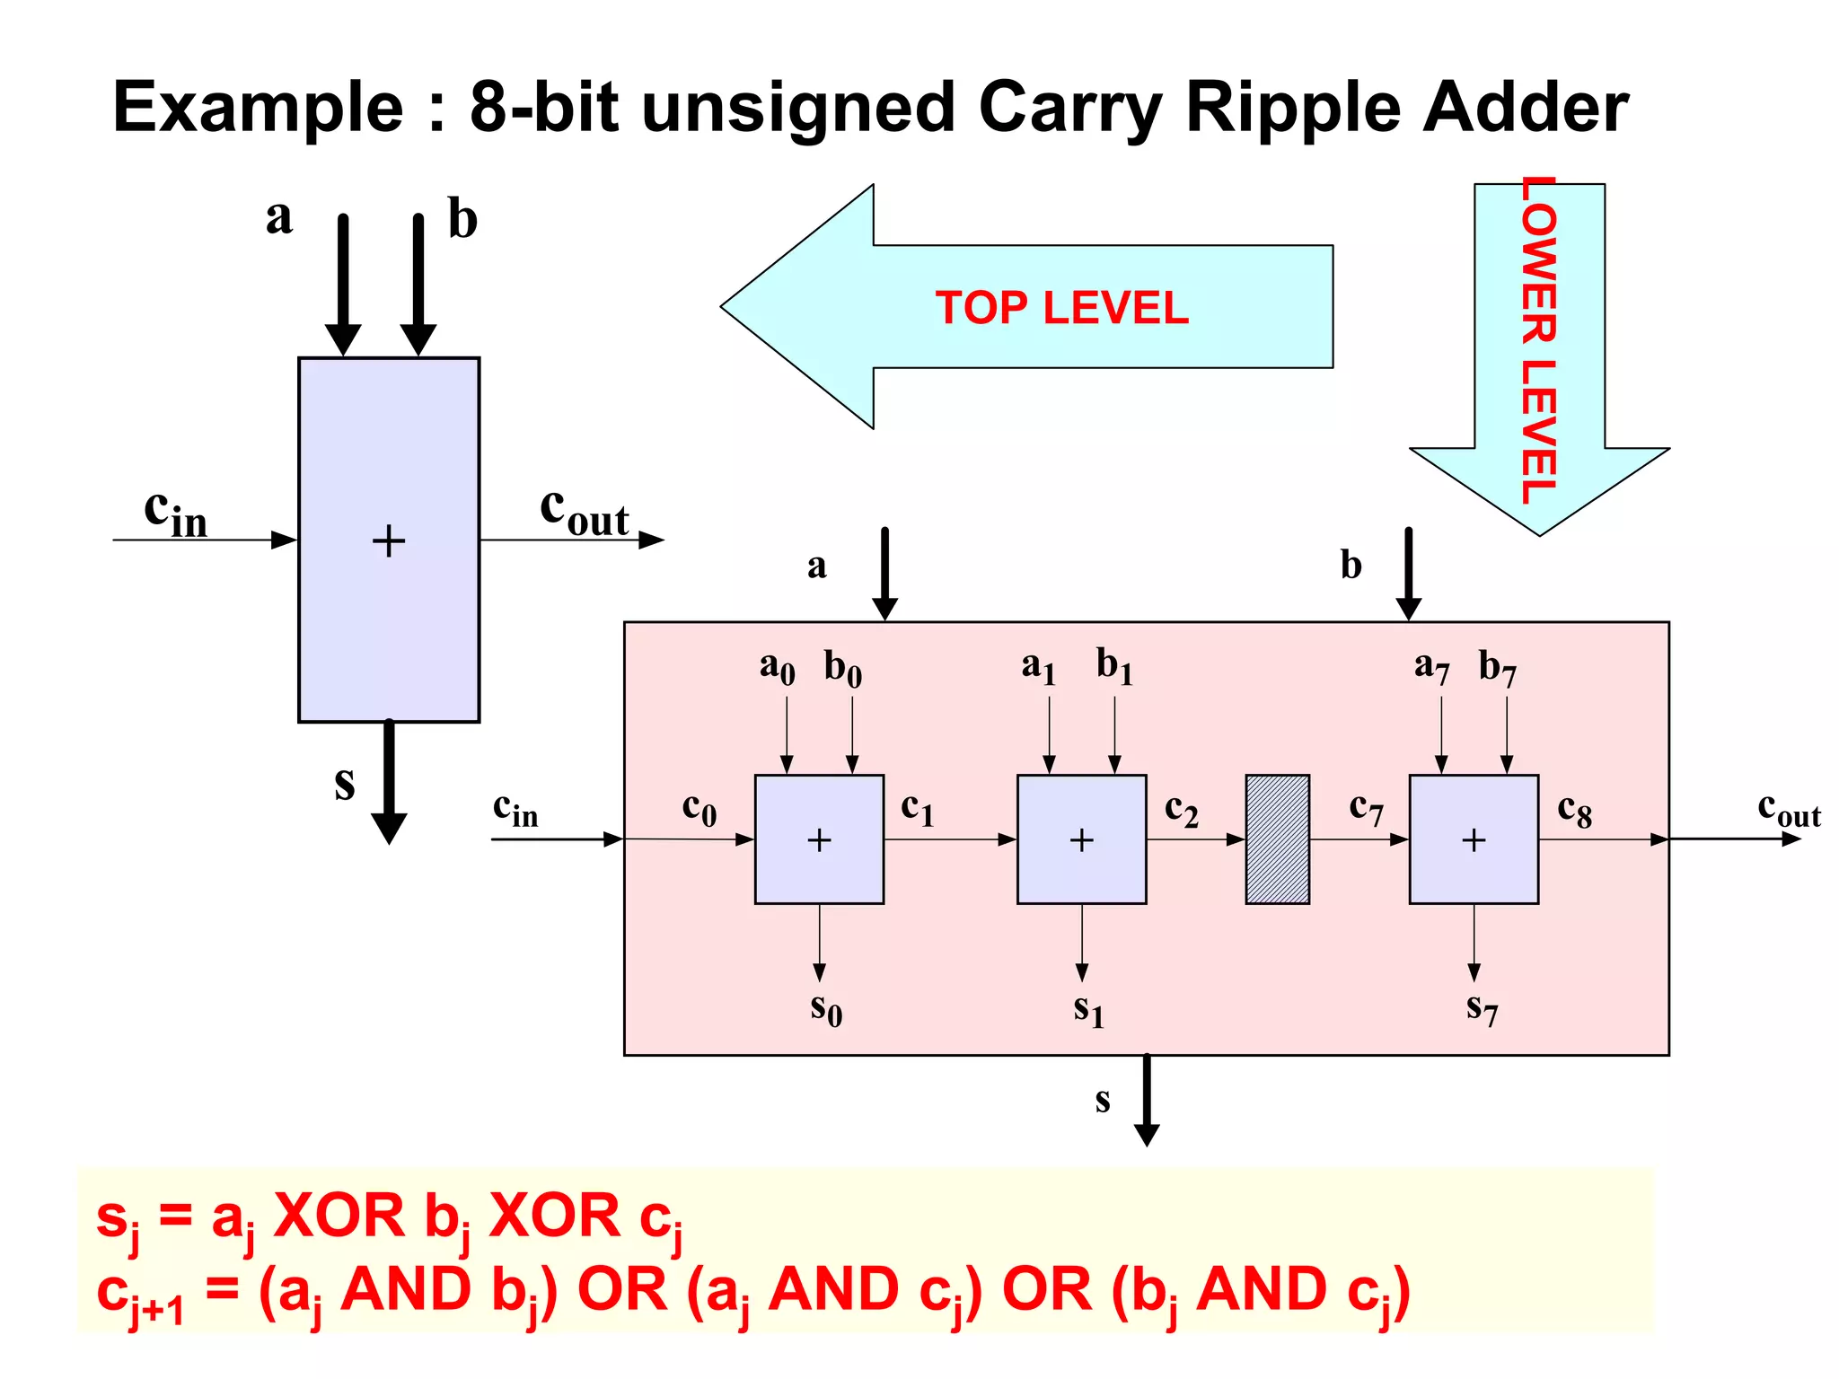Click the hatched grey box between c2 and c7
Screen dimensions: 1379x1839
[x=1277, y=839]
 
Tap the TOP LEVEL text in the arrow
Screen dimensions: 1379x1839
[x=1061, y=308]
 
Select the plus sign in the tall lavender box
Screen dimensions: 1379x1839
[x=388, y=540]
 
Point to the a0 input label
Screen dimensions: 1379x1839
[x=777, y=667]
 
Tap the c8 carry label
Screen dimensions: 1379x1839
[x=1574, y=811]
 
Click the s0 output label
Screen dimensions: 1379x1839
[x=825, y=1008]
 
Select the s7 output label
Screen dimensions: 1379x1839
[x=1482, y=1008]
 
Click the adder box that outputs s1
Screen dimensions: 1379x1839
[x=1081, y=839]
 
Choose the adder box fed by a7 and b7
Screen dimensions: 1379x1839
[x=1474, y=839]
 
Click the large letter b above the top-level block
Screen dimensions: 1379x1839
[x=462, y=219]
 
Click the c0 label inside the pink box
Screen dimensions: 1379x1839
[x=699, y=809]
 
